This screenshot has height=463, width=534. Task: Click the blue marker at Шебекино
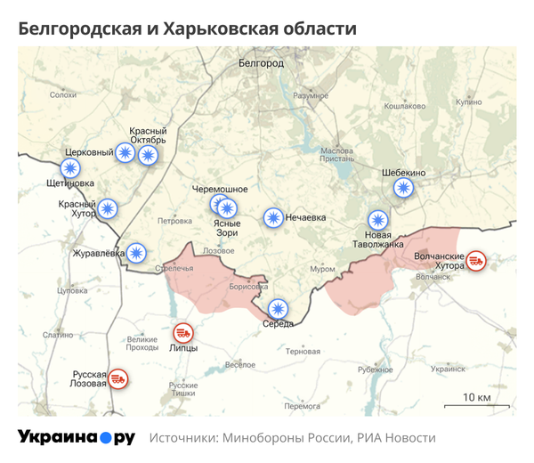pos(404,188)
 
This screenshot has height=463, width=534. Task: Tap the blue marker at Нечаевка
pos(273,217)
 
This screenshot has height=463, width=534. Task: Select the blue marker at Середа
pos(279,309)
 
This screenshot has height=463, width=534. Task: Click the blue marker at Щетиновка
pos(70,167)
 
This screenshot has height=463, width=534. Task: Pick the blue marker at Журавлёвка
pos(136,253)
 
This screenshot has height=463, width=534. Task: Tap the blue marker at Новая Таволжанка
pos(378,222)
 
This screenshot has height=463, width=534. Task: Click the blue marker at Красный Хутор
pos(108,209)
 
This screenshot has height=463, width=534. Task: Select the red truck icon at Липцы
pos(182,332)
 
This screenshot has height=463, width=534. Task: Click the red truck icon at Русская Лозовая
pos(117,380)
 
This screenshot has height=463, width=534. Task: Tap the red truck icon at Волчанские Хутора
pos(476,260)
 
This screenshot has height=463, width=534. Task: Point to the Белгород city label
pos(261,64)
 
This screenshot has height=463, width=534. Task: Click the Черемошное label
pos(220,190)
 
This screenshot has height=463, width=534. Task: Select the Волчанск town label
pos(433,278)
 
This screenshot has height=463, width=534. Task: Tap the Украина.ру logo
pos(77,437)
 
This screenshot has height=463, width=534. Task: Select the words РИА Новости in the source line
pos(396,438)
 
